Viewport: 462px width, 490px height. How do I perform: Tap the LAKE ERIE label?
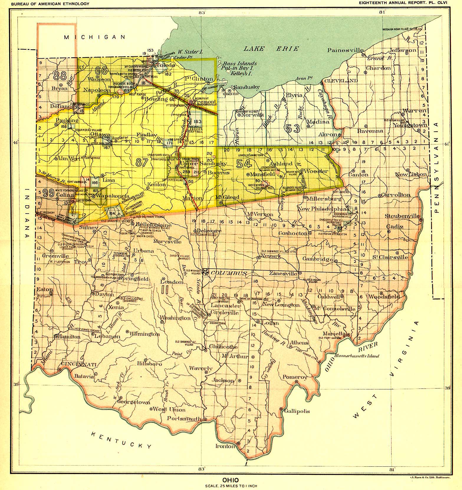click(271, 49)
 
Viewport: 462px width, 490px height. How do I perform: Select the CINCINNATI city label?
click(79, 365)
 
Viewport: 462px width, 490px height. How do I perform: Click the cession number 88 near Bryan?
click(60, 76)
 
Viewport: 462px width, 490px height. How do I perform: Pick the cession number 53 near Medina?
click(293, 128)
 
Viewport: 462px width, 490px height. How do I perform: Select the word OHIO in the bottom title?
click(231, 479)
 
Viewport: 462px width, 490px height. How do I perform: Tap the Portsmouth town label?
click(184, 418)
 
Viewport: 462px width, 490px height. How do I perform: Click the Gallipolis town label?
click(297, 411)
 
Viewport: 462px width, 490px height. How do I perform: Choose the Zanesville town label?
click(284, 273)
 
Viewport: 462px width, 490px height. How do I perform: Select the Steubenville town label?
click(402, 216)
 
